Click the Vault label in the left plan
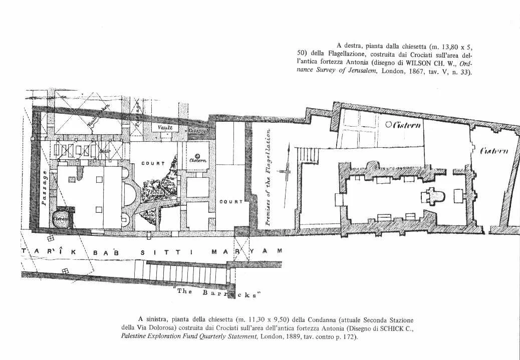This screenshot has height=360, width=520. coord(165,128)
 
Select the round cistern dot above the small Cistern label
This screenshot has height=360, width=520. coord(197,155)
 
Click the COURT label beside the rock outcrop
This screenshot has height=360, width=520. coord(153,163)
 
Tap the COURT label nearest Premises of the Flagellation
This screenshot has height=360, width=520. coord(231,202)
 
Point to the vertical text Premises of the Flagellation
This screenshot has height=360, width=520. coord(269,177)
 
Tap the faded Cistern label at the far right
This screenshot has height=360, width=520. coord(494,151)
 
